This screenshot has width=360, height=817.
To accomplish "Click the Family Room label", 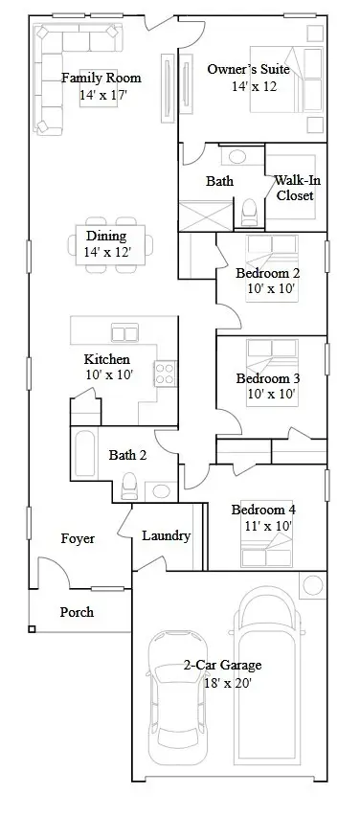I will click(x=101, y=78).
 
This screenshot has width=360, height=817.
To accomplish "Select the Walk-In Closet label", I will click(x=295, y=188).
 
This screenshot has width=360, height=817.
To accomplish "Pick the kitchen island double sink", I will click(x=125, y=332).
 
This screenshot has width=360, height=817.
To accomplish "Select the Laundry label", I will click(x=166, y=535).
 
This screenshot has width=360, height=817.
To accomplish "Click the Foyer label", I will click(x=78, y=538).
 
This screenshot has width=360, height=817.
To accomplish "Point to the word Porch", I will click(x=77, y=611).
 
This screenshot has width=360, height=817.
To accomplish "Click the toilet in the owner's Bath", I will click(x=250, y=208).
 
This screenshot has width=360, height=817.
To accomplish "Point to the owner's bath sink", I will click(x=236, y=157).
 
